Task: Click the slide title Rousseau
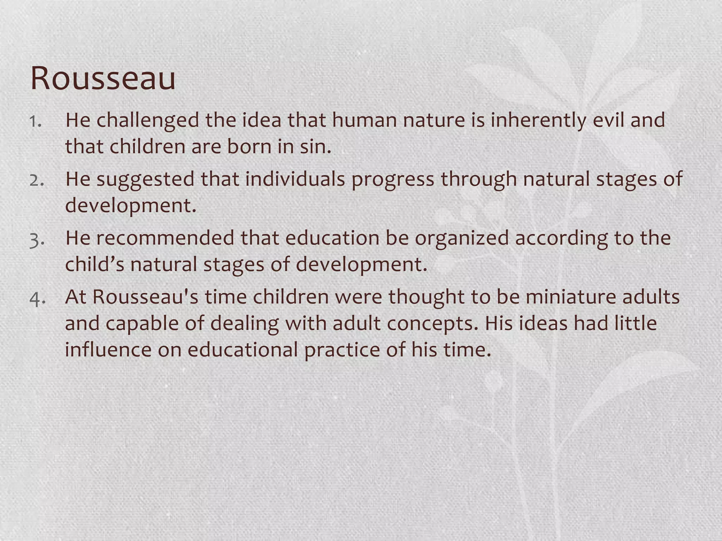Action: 103,78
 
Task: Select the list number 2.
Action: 36,180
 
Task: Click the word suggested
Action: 145,179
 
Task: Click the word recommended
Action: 165,238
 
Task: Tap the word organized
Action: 461,238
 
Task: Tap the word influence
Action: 108,349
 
